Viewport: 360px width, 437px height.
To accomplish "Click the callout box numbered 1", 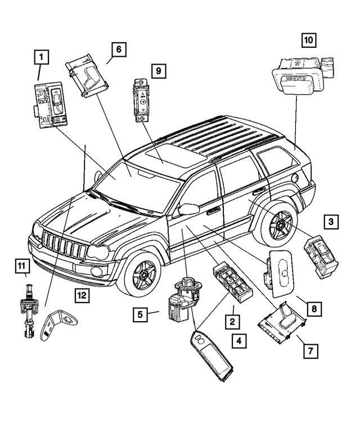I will pos(40,57).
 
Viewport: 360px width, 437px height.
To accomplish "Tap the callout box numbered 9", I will pos(158,71).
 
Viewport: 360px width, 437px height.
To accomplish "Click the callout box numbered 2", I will pos(230,322).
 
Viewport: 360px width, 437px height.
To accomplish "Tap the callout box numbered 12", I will pos(83,294).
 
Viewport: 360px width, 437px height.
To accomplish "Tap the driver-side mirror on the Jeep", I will pos(187,209).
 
